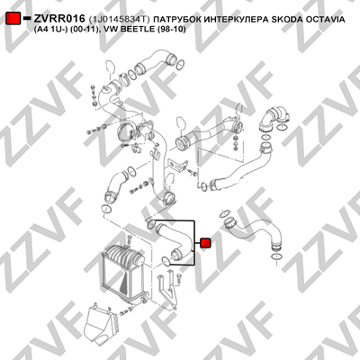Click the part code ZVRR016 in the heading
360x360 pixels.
59,19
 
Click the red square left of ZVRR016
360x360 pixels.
13,19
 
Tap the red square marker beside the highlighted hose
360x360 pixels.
205,243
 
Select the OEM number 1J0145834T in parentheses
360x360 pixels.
119,20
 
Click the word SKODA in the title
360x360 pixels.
286,20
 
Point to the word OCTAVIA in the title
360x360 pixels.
325,20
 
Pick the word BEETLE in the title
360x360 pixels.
139,29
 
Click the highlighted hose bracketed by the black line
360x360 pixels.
174,241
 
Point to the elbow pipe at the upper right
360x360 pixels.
274,119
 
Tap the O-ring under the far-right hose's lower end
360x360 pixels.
276,256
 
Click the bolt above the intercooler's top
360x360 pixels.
130,239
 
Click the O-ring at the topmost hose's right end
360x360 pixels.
181,64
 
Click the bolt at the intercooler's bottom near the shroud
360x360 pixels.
123,312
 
